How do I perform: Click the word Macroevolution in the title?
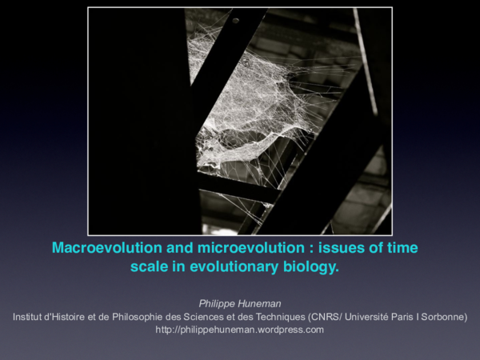pyautogui.click(x=102, y=248)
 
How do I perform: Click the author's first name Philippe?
pyautogui.click(x=217, y=303)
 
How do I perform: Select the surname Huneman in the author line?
pyautogui.click(x=261, y=303)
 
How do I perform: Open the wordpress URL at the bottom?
pyautogui.click(x=240, y=330)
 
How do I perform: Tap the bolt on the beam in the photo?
pyautogui.click(x=236, y=21)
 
